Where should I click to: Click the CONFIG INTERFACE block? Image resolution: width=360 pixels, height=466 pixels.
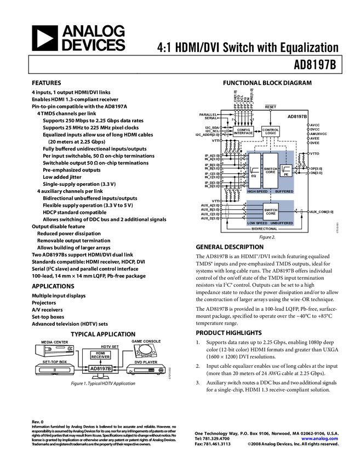coord(243,132)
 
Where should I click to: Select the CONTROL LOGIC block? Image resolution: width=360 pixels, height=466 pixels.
coord(271,132)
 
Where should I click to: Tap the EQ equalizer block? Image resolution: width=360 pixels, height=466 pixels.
coord(254,171)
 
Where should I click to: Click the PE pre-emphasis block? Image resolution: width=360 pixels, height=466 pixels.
coord(286,171)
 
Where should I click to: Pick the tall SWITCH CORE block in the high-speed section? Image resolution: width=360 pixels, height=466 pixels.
coord(271,171)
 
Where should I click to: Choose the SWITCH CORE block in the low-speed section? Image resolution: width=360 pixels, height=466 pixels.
coord(271,211)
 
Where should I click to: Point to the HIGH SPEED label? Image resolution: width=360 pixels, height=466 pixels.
coord(258,191)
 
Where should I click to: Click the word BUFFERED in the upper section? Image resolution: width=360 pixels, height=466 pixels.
coord(284,191)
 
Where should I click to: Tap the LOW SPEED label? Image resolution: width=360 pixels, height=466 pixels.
coord(257,224)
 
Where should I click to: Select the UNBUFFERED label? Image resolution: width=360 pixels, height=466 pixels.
coord(282,224)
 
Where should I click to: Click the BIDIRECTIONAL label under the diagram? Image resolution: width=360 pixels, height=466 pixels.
coord(264,229)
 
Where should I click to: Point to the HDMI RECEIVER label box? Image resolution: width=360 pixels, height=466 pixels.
coord(101,355)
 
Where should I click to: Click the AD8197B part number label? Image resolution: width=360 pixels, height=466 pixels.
coord(101,369)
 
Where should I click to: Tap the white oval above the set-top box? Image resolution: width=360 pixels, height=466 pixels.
coord(145,349)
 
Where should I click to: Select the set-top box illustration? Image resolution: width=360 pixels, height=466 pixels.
coord(146,370)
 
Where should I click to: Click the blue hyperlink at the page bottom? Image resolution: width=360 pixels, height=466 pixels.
coord(320,439)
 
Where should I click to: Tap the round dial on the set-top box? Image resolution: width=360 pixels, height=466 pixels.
coord(161,371)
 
